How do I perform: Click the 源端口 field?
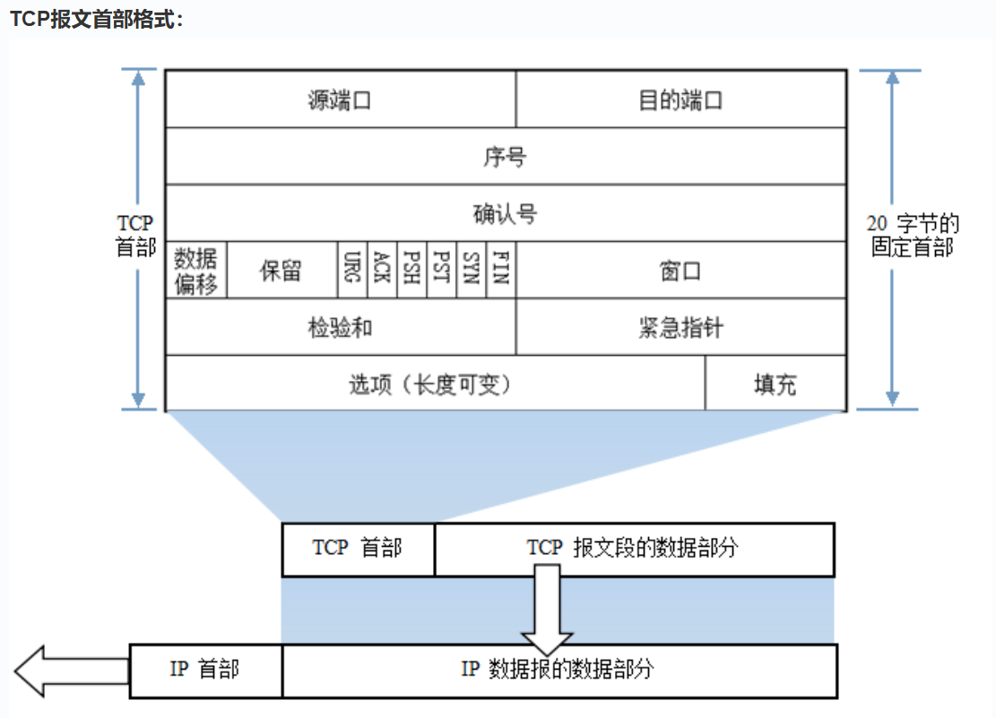coord(341,99)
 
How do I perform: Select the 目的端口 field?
coord(681,99)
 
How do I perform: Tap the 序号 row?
coord(506,157)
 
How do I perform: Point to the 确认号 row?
coord(506,213)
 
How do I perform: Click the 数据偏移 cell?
coord(196,270)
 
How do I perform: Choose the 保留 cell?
coord(281,270)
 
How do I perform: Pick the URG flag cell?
coord(351,270)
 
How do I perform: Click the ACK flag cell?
coord(381,270)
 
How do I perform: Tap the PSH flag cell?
coord(411,270)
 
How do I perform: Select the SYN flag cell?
coord(471,270)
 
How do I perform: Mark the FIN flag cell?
coord(501,270)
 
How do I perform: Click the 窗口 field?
coord(681,270)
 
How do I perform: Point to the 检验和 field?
coord(341,327)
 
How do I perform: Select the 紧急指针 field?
coord(681,327)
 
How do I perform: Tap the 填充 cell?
coord(775,385)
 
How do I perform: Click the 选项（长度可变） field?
coord(435,385)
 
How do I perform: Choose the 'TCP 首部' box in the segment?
coord(358,549)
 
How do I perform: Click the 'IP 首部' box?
coord(205,670)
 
